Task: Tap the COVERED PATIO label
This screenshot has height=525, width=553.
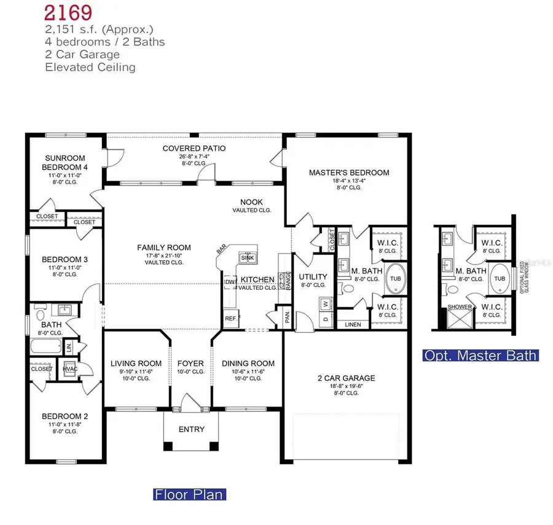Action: (x=194, y=149)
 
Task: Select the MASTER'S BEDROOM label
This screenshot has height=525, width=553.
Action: (x=348, y=173)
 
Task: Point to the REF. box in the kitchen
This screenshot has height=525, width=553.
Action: (x=230, y=318)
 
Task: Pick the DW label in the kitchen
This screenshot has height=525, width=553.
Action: (x=230, y=282)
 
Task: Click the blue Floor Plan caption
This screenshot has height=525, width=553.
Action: (x=189, y=494)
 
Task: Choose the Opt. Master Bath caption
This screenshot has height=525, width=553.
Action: (x=481, y=355)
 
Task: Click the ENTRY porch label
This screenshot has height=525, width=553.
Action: (x=190, y=429)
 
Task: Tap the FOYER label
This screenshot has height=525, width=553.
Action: (x=190, y=363)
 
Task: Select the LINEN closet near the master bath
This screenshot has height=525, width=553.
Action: (x=353, y=324)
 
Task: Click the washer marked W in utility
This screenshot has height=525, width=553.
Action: (x=326, y=301)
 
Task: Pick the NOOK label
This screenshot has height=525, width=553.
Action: (x=251, y=201)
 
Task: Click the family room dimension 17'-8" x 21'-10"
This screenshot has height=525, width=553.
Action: (x=163, y=256)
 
